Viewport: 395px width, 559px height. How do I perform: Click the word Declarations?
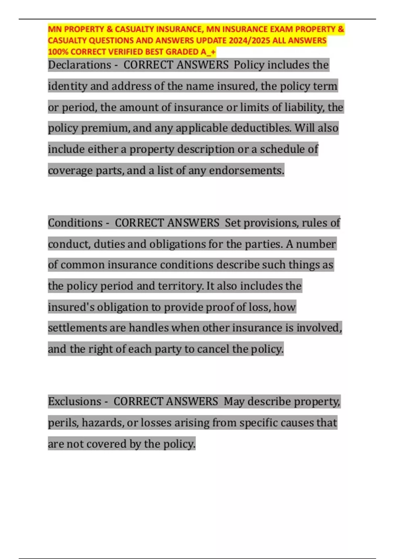click(x=79, y=65)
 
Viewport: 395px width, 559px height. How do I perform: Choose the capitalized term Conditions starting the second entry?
click(x=75, y=223)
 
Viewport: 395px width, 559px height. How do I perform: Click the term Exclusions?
click(x=74, y=401)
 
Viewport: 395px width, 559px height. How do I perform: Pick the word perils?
click(x=63, y=423)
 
